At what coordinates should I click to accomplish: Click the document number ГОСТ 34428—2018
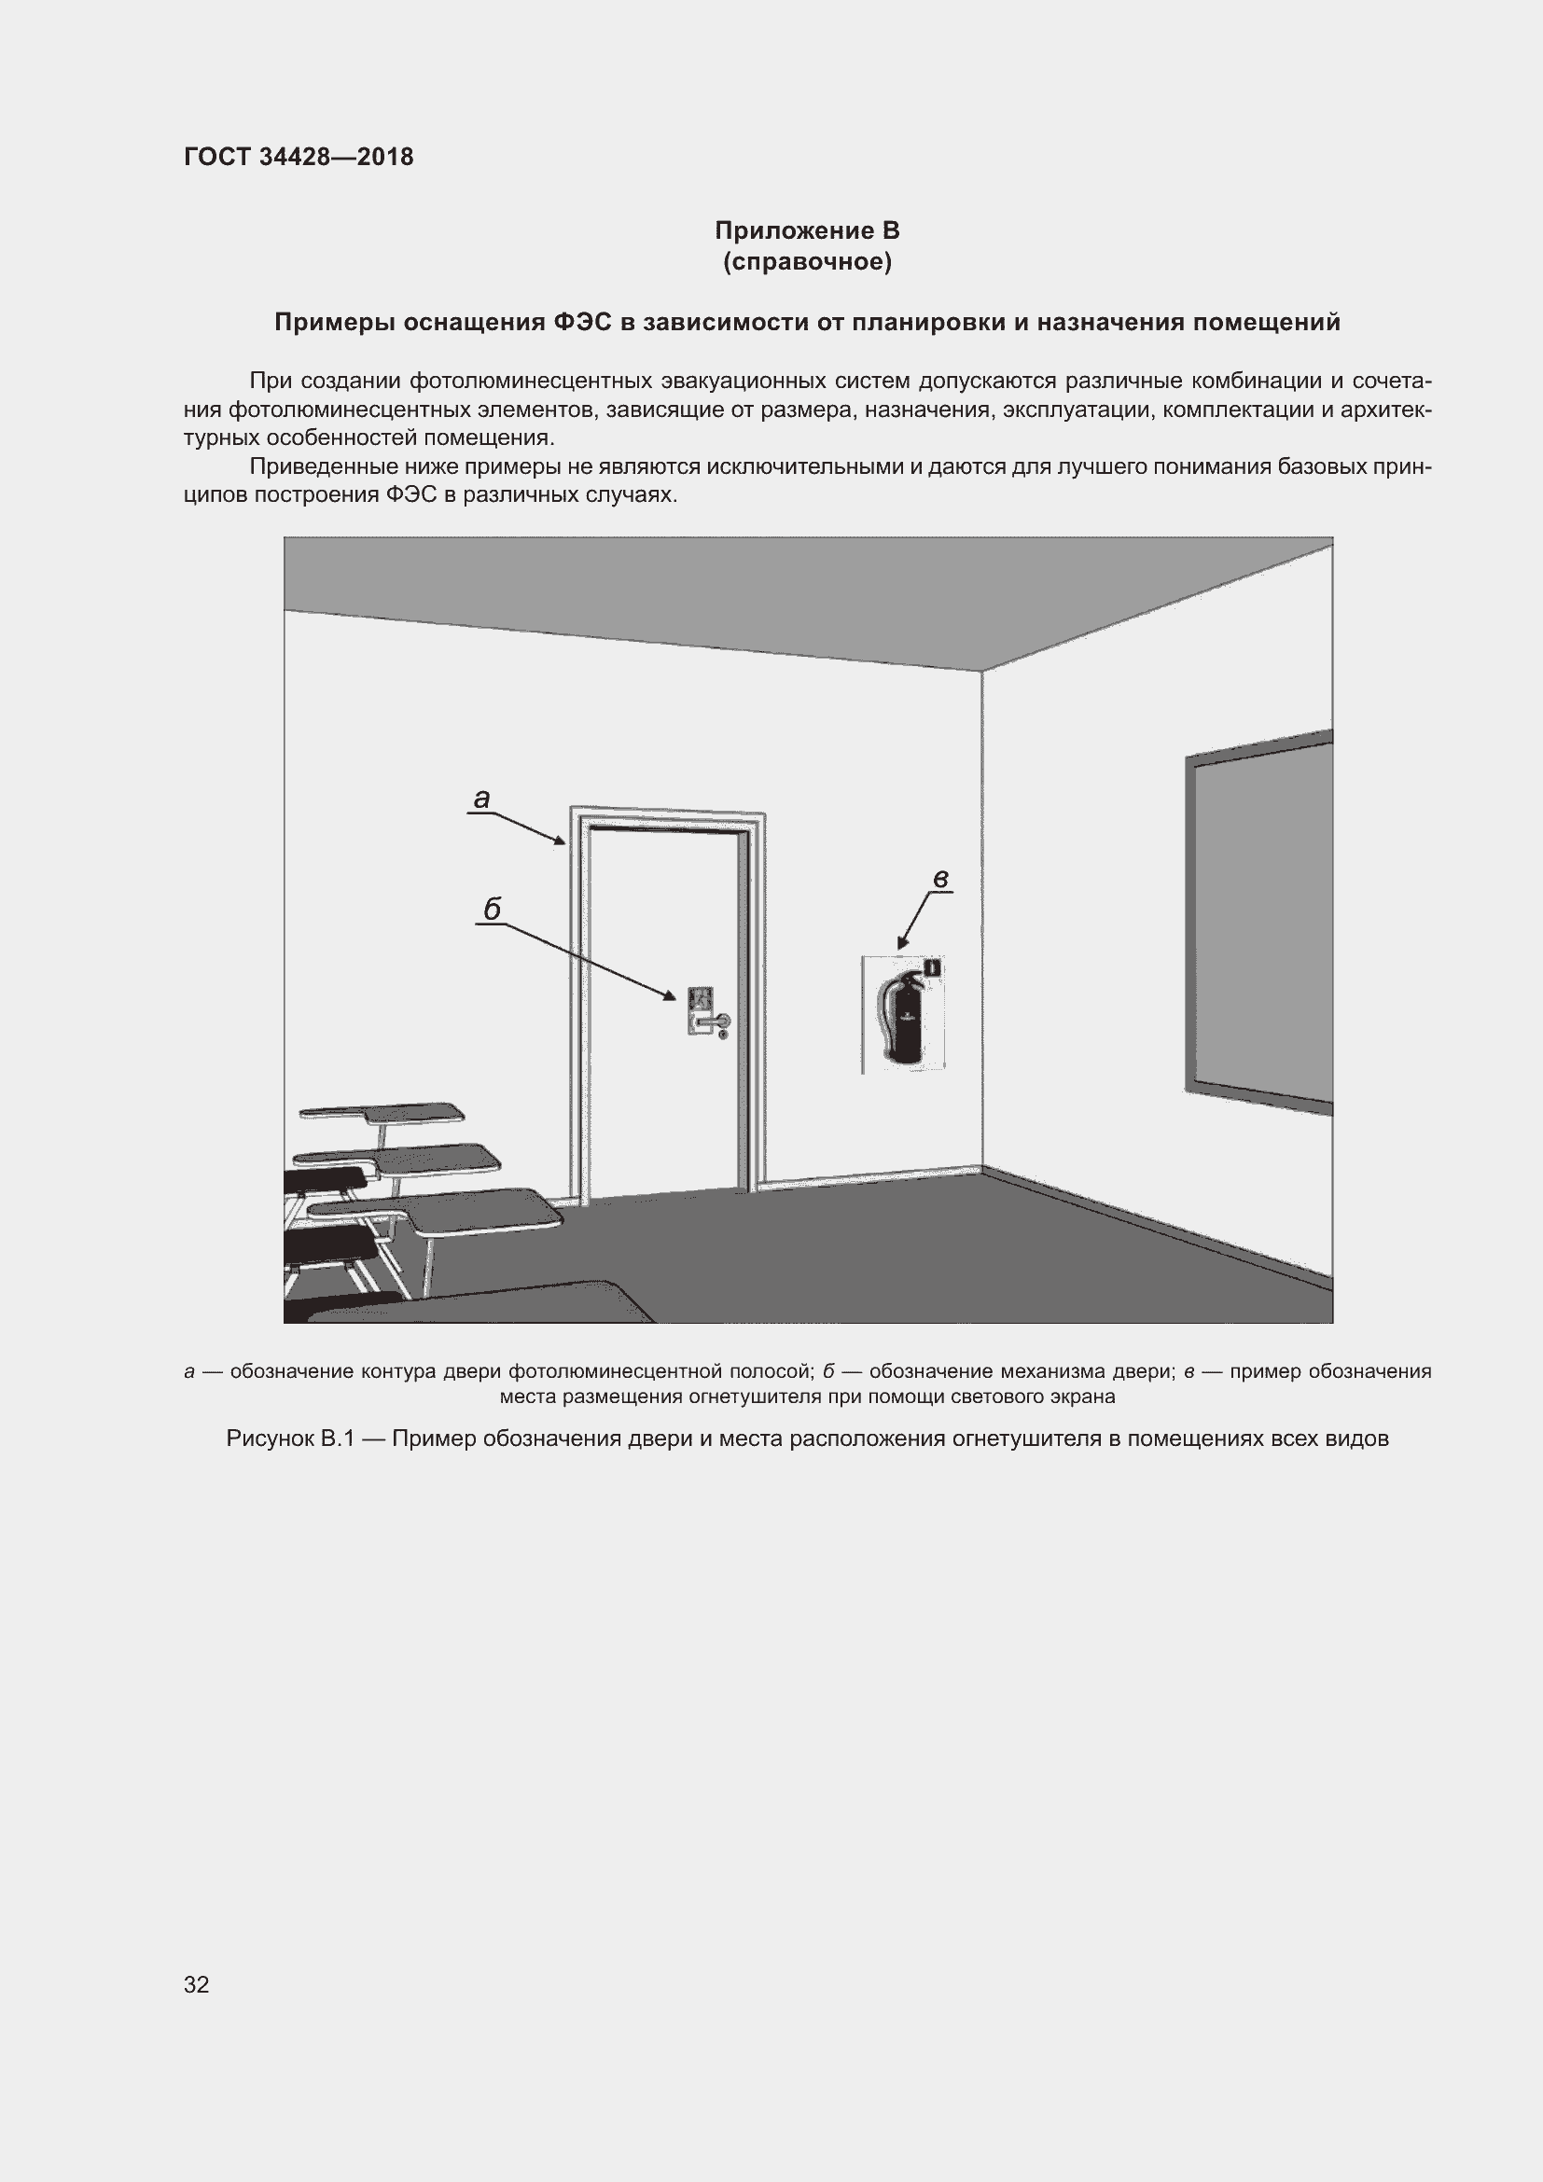click(x=299, y=157)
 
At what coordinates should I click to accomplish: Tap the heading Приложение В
click(x=807, y=231)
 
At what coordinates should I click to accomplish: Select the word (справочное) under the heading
click(x=807, y=262)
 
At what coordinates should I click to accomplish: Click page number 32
click(x=197, y=1984)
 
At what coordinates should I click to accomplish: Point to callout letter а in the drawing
click(x=481, y=799)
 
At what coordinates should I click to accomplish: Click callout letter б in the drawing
click(x=492, y=910)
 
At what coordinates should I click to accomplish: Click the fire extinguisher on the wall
click(x=902, y=1017)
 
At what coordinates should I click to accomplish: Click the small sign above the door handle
click(x=701, y=998)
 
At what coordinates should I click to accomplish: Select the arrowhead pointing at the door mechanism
click(x=671, y=996)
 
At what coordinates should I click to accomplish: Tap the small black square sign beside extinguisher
click(x=933, y=967)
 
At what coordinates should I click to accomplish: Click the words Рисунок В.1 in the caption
click(x=290, y=1438)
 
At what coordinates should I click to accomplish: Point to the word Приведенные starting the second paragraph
click(x=317, y=467)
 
